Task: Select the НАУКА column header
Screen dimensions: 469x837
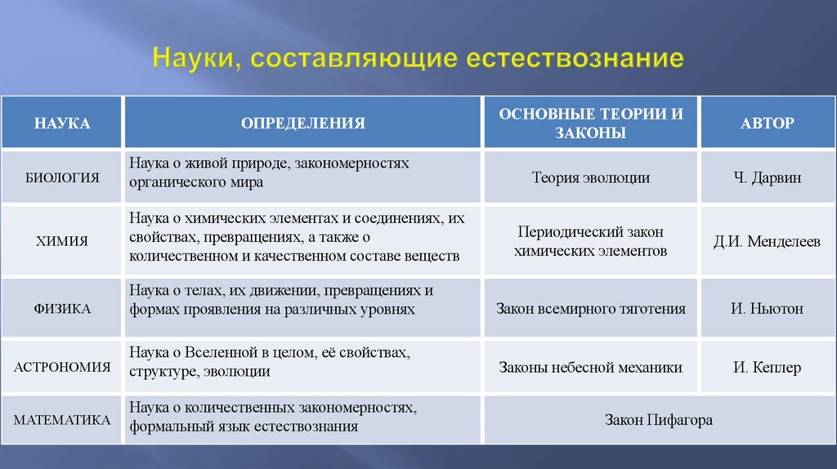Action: [x=62, y=123]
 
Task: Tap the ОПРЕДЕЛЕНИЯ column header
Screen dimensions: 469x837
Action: [x=302, y=123]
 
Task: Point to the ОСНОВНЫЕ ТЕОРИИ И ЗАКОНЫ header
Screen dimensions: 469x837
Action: [x=591, y=123]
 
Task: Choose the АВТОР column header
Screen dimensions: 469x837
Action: [x=767, y=123]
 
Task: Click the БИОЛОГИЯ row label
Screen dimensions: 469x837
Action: [x=62, y=176]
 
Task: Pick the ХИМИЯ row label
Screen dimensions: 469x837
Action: [x=62, y=241]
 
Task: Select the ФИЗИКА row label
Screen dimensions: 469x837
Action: [x=62, y=309]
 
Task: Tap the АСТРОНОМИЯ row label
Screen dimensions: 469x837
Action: [x=62, y=367]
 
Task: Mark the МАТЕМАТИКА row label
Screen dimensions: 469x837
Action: [x=62, y=420]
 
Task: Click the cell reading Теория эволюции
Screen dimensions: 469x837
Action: [x=591, y=177]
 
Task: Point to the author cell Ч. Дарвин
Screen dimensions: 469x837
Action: [x=767, y=177]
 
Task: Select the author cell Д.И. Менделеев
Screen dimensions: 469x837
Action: [x=767, y=242]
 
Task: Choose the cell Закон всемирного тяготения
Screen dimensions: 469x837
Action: [x=591, y=309]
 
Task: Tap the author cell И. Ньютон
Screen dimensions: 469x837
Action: [x=767, y=309]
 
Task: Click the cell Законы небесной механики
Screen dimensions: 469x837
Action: [x=591, y=368]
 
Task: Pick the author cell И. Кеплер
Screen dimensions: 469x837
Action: [x=767, y=368]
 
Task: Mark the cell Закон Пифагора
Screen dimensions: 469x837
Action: [x=659, y=420]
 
